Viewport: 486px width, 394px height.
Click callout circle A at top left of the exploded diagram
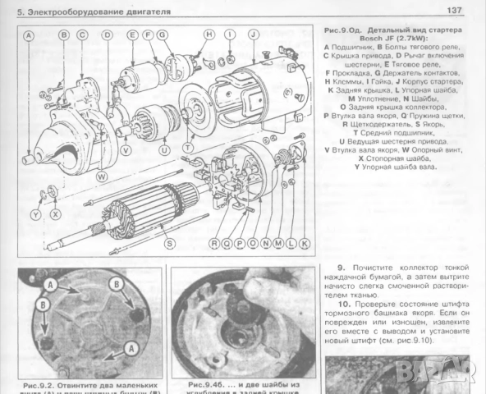point(29,36)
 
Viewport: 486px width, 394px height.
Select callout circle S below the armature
point(168,243)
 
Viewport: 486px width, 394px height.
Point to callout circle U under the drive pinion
point(165,150)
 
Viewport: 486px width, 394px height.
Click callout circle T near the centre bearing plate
point(189,147)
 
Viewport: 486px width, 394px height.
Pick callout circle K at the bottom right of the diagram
point(303,244)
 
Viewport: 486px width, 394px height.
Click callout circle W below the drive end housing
point(101,176)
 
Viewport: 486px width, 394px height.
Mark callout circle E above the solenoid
point(131,35)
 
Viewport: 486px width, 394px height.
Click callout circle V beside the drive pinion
point(125,150)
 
